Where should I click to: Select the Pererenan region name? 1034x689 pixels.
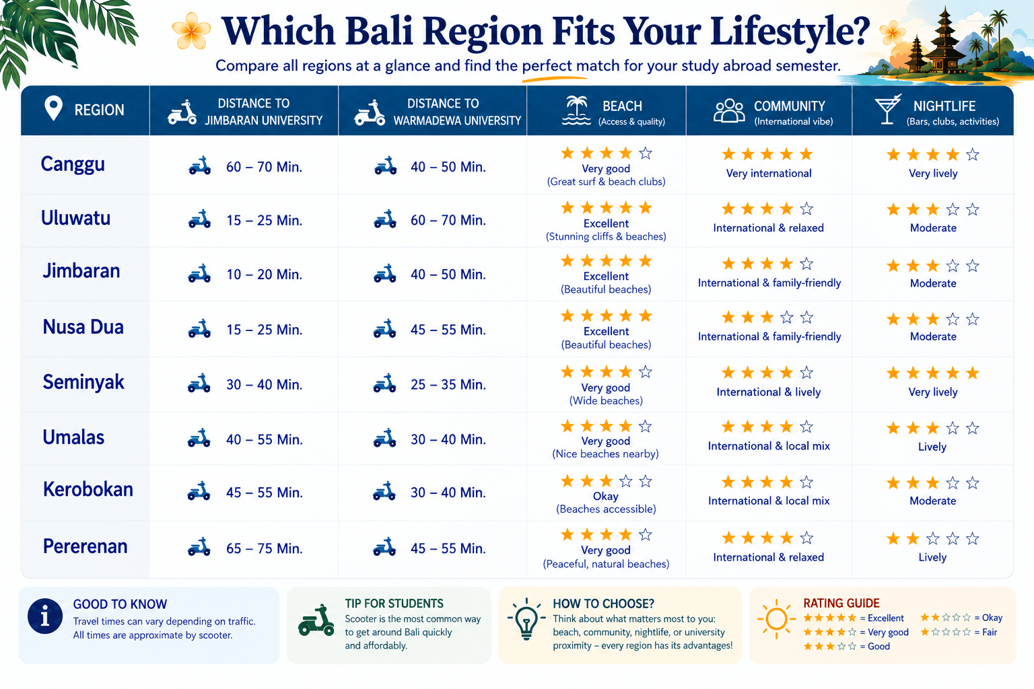tap(85, 546)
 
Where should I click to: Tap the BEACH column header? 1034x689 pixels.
tap(622, 106)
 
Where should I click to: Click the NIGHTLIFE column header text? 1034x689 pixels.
tap(944, 106)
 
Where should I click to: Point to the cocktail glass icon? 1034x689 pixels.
tap(887, 109)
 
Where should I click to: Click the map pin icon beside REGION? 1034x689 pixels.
tap(53, 108)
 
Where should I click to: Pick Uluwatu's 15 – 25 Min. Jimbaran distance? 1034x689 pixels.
tap(264, 220)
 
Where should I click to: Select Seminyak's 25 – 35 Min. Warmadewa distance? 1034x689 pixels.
tap(448, 384)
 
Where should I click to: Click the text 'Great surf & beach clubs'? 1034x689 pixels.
tap(606, 182)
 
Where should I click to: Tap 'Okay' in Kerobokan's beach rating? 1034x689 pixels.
tap(606, 496)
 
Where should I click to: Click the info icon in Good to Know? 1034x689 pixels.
tap(45, 616)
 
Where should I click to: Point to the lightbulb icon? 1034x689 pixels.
tap(526, 619)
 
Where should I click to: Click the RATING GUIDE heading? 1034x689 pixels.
tap(841, 603)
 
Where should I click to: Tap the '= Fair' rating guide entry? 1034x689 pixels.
tap(986, 632)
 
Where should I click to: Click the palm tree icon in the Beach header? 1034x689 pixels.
tap(576, 110)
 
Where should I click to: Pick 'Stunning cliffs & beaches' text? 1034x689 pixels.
tap(606, 237)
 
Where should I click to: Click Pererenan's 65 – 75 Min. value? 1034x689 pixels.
tap(264, 548)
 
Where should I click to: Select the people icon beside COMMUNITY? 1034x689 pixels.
tap(729, 111)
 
